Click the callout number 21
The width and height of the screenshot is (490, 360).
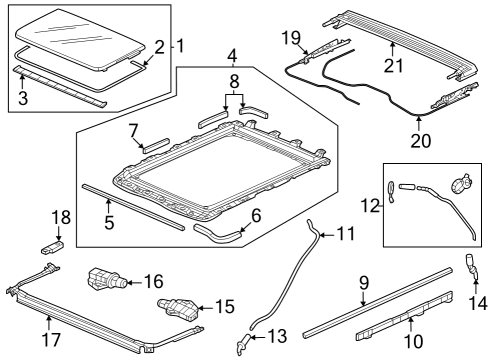coord(393,65)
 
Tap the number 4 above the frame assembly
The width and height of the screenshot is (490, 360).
coord(232,56)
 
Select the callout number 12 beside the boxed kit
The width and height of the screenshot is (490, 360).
coord(370,206)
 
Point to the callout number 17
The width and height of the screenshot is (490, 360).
coord(51,340)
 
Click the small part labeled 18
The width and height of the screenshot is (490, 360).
coord(52,248)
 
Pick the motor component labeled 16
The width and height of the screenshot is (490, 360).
coord(107,279)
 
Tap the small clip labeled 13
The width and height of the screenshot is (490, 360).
coord(243,342)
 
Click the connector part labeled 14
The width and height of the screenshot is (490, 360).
coord(470,267)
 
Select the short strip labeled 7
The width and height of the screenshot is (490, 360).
coord(156,145)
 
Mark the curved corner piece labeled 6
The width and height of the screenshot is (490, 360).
coord(218,235)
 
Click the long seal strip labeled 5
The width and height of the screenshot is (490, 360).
coord(133,207)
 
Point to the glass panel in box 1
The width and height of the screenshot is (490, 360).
coord(80,39)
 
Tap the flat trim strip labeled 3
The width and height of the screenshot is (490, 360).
coord(60,87)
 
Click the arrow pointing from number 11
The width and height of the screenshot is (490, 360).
coord(328,235)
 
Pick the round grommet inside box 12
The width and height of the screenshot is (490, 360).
coord(461,184)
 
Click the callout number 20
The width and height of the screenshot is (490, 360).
coord(421,141)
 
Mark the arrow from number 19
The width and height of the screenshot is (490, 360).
coord(302,47)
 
